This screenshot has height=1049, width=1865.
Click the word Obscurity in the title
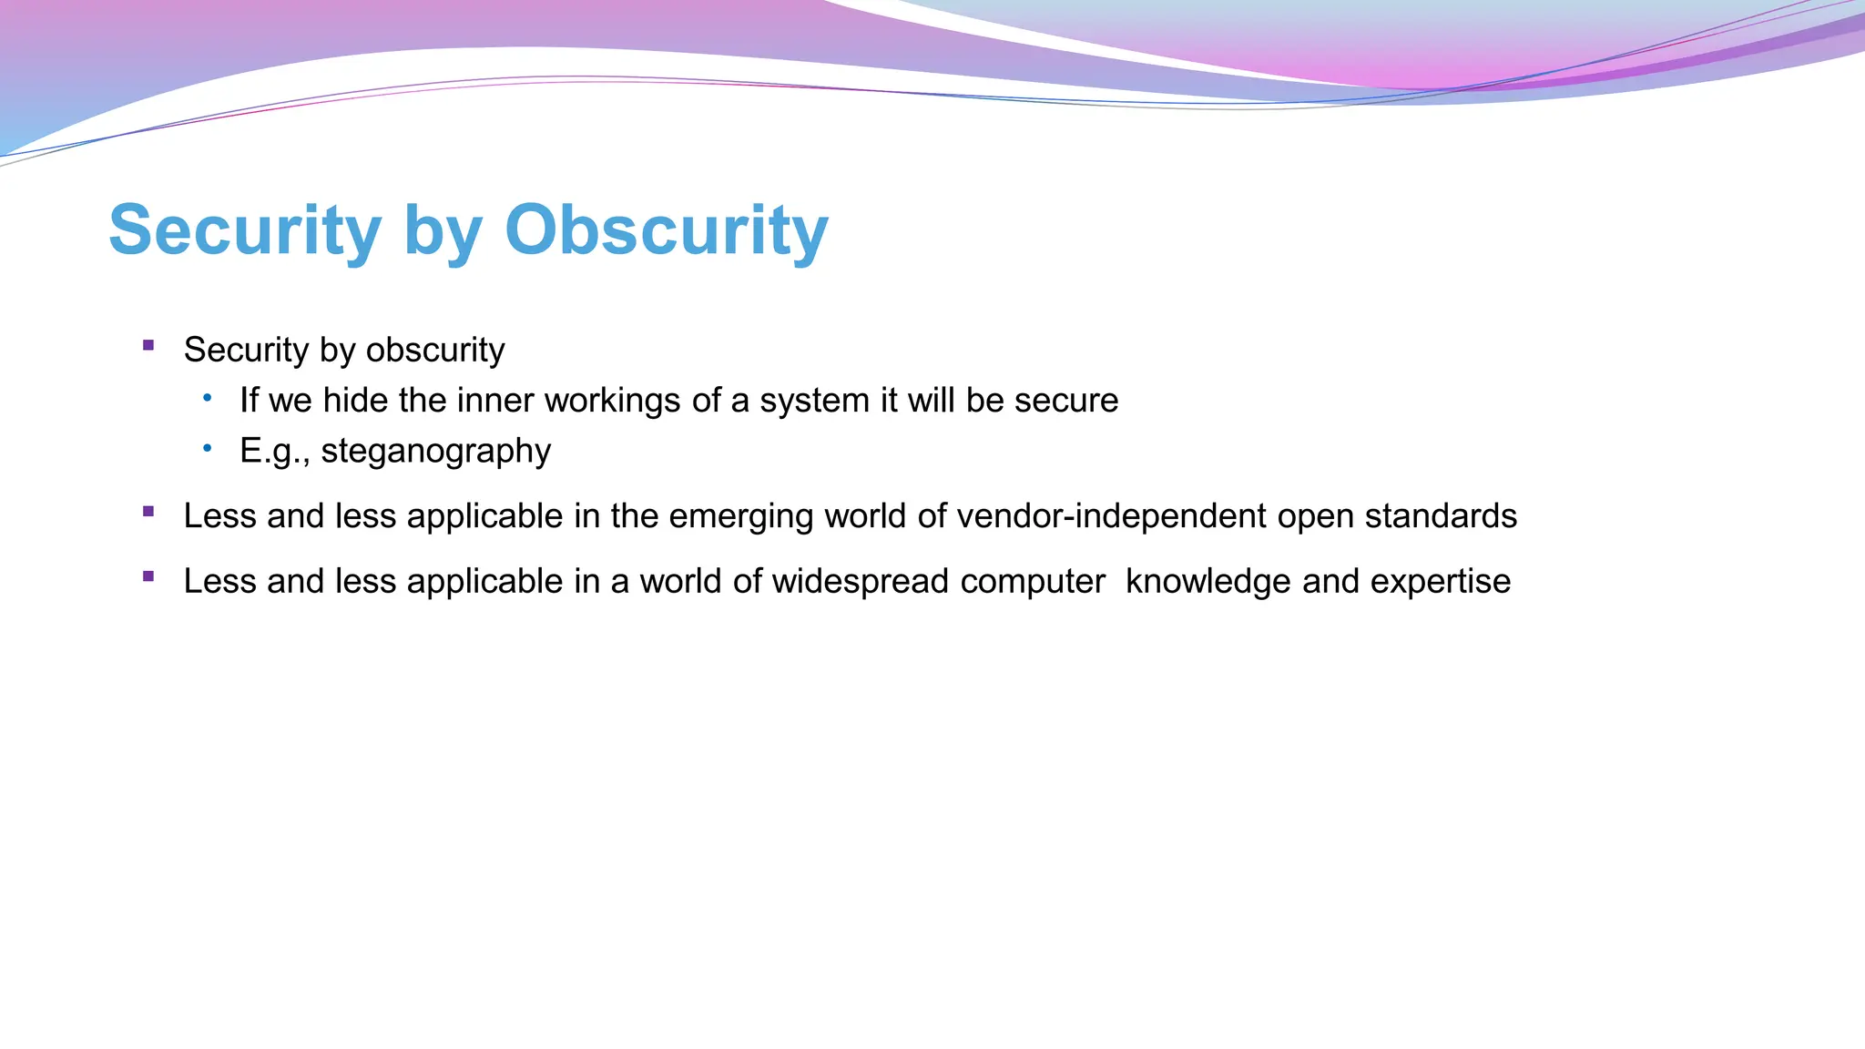666,229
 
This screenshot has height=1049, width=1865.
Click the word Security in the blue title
244,229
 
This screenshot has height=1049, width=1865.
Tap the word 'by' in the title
442,233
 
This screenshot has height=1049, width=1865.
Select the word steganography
435,452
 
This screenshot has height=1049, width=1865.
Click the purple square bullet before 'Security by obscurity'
148,345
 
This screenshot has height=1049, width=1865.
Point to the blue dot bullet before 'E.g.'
208,447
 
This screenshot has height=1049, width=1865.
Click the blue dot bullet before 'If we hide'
208,397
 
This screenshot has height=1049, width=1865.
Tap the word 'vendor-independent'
1111,516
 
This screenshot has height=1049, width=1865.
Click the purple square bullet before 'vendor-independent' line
148,512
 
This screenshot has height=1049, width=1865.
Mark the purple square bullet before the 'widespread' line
148,576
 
